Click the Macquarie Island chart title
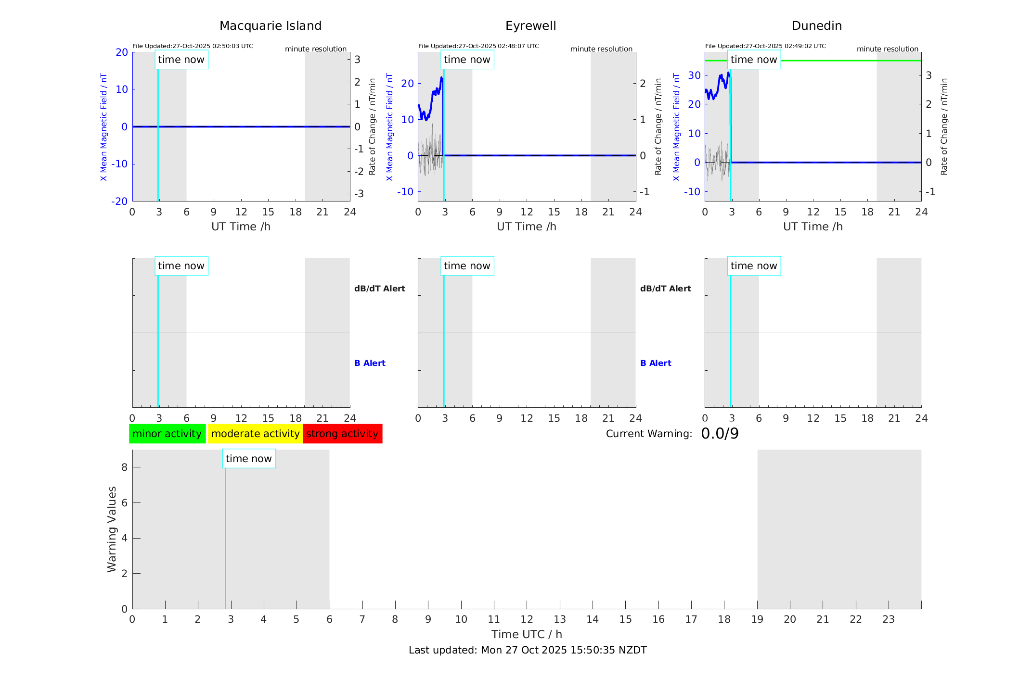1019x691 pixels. click(270, 26)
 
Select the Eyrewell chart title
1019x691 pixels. click(530, 26)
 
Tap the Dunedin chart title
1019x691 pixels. click(816, 26)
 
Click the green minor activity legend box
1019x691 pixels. click(167, 434)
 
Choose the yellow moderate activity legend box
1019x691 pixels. click(255, 434)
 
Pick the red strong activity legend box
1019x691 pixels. click(342, 434)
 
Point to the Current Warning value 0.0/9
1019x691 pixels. click(720, 434)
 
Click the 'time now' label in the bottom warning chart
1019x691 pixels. click(248, 459)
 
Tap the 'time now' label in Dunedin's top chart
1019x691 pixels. click(754, 60)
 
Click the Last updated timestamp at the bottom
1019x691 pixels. click(528, 650)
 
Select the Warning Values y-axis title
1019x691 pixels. click(112, 529)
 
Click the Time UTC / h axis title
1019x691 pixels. click(527, 634)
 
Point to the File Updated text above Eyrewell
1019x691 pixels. click(478, 46)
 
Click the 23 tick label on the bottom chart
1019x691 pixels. click(888, 619)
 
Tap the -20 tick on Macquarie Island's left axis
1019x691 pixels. click(119, 201)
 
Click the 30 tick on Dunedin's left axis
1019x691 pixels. click(694, 75)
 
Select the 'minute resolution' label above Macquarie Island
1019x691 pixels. click(316, 49)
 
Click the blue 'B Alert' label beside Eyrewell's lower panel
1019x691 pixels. click(656, 363)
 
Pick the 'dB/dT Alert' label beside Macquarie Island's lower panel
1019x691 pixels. click(380, 289)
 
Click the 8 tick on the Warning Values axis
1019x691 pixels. click(124, 467)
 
